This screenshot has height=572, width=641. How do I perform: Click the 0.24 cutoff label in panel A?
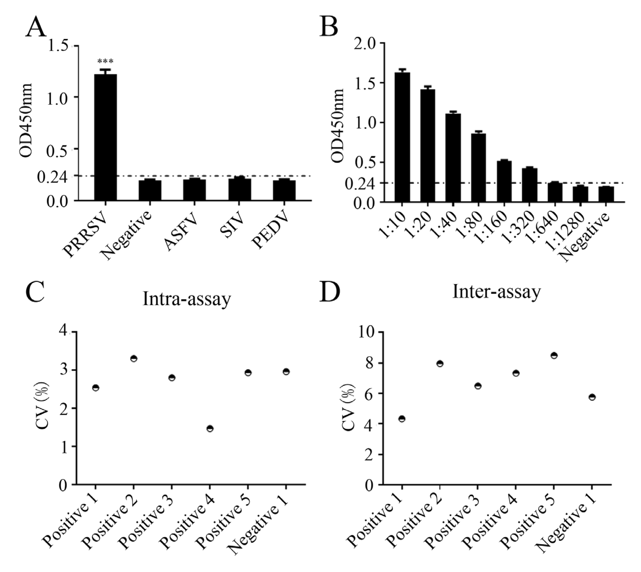pos(52,177)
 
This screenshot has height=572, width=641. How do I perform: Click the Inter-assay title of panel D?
pos(497,292)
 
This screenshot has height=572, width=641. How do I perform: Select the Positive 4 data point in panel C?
pos(210,429)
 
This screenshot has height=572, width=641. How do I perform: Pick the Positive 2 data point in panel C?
pos(134,359)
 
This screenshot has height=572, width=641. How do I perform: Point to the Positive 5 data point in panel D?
pos(554,356)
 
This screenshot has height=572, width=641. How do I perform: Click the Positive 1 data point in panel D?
pos(402,419)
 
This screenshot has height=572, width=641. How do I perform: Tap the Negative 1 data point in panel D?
pos(592,397)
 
